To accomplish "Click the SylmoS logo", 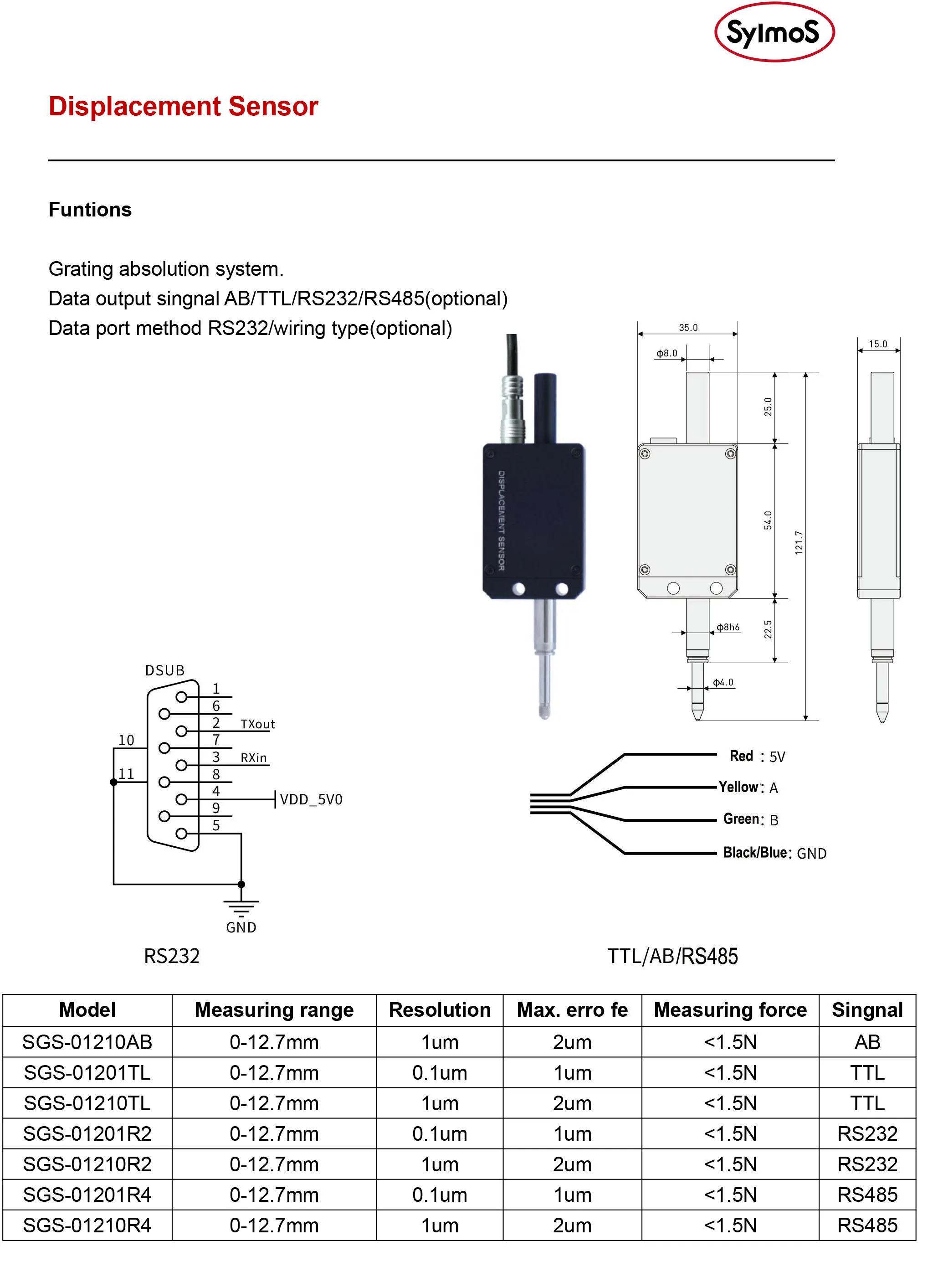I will pos(774,32).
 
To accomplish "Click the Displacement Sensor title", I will pos(183,106).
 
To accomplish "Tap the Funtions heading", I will pos(90,210).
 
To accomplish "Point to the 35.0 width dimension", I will pos(688,328).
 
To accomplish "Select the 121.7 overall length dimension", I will pos(799,542).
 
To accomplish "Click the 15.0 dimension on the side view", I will pos(878,344).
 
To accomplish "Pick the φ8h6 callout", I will pos(728,628).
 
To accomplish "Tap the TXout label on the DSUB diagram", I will pos(257,725).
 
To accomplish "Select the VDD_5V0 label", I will pos(311,799).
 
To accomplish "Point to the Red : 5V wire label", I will pos(758,757).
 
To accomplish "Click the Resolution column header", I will pos(440,1010).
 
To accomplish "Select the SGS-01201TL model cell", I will pos(87,1073).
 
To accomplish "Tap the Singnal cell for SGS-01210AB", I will pos(867,1042).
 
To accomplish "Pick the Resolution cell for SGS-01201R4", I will pos(440,1195).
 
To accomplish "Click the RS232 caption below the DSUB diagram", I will pos(172,956).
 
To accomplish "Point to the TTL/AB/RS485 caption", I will pos(672,956).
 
